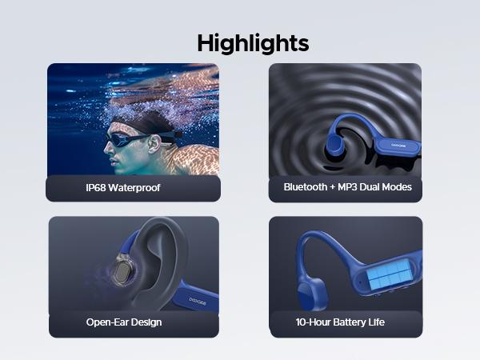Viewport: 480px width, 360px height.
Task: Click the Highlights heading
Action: coord(252,43)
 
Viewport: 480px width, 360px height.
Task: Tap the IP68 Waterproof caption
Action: coord(123,187)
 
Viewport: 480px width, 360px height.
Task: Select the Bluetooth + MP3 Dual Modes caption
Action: coord(347,187)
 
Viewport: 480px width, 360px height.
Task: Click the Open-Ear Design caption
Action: coord(124,322)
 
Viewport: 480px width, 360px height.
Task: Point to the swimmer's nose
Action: coord(109,152)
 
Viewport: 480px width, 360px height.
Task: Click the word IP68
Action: coord(98,187)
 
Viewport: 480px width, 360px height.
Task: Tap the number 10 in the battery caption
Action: coord(302,322)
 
